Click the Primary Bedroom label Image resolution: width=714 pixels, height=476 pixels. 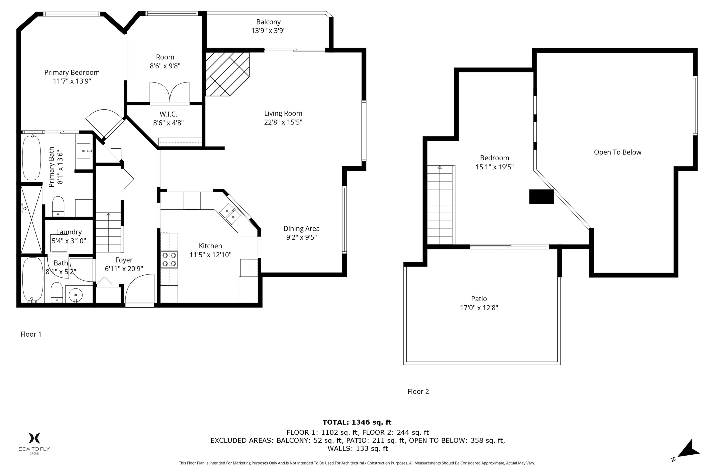pyautogui.click(x=72, y=73)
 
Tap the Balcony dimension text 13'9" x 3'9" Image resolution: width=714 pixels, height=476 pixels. pyautogui.click(x=268, y=31)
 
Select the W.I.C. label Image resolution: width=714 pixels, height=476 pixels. pyautogui.click(x=168, y=114)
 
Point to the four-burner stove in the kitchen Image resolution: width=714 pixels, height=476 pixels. pyautogui.click(x=169, y=260)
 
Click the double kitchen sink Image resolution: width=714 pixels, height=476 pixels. pyautogui.click(x=230, y=214)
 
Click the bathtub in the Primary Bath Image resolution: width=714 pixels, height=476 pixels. pyautogui.click(x=32, y=158)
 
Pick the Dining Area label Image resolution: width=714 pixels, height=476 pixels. pyautogui.click(x=302, y=228)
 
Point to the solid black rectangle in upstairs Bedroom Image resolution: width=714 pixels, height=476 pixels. pyautogui.click(x=542, y=197)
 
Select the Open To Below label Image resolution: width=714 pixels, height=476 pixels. pyautogui.click(x=617, y=152)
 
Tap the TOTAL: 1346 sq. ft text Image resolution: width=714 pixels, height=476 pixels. pyautogui.click(x=357, y=422)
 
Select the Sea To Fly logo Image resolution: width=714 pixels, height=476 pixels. pyautogui.click(x=34, y=443)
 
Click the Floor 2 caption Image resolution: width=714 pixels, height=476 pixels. pyautogui.click(x=418, y=392)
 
